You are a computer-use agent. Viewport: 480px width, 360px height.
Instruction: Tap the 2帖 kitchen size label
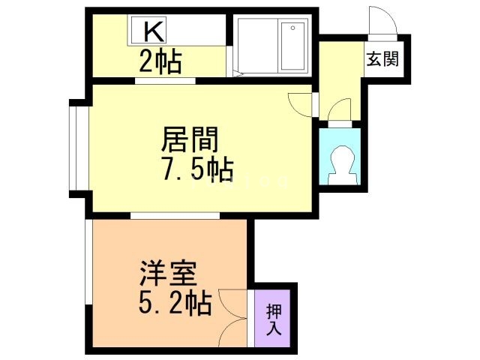(x=160, y=62)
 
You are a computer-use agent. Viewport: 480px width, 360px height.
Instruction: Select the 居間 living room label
(x=190, y=140)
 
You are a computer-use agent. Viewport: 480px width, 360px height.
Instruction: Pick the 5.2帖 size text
(x=175, y=304)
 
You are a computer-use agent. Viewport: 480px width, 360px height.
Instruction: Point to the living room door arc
(x=299, y=103)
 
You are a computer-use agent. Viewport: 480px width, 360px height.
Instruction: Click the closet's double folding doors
(x=235, y=316)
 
